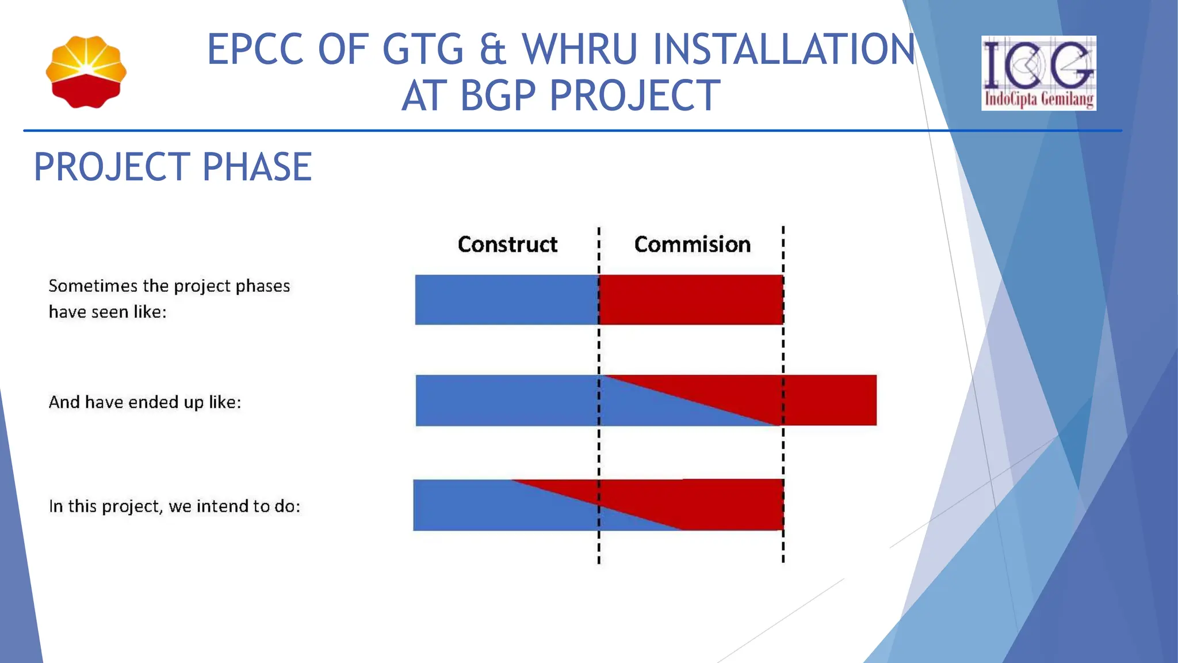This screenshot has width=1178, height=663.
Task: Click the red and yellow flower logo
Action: (86, 72)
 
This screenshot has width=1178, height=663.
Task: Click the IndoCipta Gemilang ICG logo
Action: (1038, 73)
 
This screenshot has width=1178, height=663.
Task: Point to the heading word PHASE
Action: (257, 167)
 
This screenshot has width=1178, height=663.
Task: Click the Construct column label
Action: (507, 245)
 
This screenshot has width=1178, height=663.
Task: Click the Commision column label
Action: (692, 245)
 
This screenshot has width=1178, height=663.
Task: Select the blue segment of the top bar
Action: (506, 300)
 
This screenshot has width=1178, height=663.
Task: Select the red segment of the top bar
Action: (690, 300)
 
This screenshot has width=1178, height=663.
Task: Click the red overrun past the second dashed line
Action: (831, 401)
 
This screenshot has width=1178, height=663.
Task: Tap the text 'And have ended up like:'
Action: (145, 402)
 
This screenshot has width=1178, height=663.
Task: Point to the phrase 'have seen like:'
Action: (108, 312)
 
